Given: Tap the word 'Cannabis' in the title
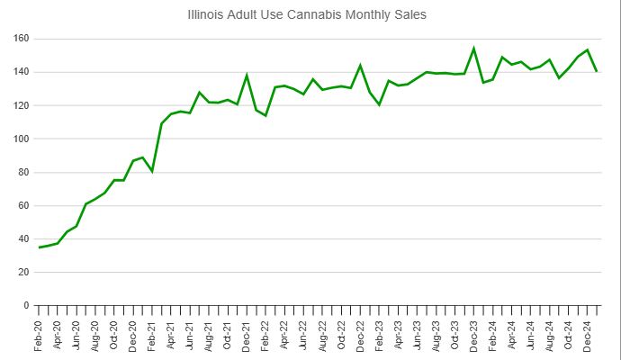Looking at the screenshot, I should tap(318, 15).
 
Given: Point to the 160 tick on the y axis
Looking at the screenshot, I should tap(20, 39).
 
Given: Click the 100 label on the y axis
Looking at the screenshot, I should tap(20, 139).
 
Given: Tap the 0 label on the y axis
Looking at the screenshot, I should tap(25, 305).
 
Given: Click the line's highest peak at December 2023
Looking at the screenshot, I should tap(473, 49).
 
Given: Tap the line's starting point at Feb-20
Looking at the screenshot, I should tap(39, 247).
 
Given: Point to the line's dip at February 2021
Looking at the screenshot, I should tap(152, 170).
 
